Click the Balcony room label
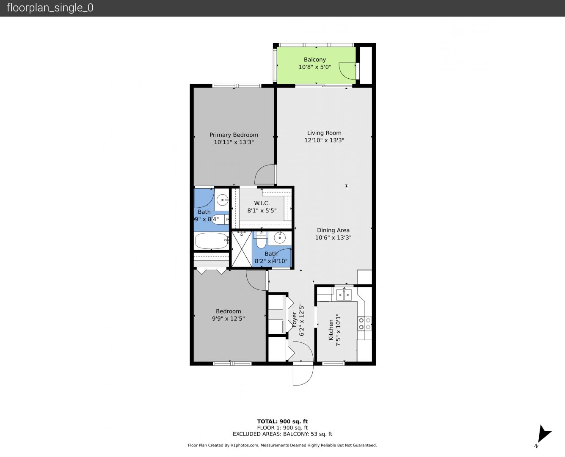[314, 60]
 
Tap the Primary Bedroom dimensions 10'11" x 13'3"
[234, 142]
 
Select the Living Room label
[324, 133]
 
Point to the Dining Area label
[333, 230]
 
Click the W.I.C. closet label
[262, 203]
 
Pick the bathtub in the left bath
[212, 241]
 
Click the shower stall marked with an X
[242, 249]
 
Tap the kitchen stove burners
[364, 324]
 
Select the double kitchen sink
[344, 295]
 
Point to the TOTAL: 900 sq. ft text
[282, 421]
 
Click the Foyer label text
[294, 319]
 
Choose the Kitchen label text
[331, 330]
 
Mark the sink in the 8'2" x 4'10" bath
[280, 238]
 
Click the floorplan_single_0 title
[50, 8]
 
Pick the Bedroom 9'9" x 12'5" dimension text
[229, 319]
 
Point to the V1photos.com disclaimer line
[282, 445]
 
